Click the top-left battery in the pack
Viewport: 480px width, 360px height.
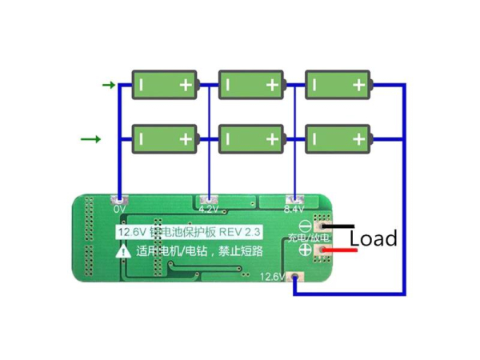164,84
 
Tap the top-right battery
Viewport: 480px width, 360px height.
339,84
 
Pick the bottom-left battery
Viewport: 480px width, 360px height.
164,138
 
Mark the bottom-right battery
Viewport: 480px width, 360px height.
339,138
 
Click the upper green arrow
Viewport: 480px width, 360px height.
109,84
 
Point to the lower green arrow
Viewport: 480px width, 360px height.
90,139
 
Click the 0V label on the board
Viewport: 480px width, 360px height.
120,209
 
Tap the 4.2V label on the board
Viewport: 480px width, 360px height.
208,210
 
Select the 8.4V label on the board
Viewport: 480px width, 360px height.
295,210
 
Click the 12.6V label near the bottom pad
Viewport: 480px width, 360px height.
274,278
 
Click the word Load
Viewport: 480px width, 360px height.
373,238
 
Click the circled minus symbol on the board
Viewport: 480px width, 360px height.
305,226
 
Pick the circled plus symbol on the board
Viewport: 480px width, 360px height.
305,250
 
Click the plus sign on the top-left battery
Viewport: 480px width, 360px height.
186,84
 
